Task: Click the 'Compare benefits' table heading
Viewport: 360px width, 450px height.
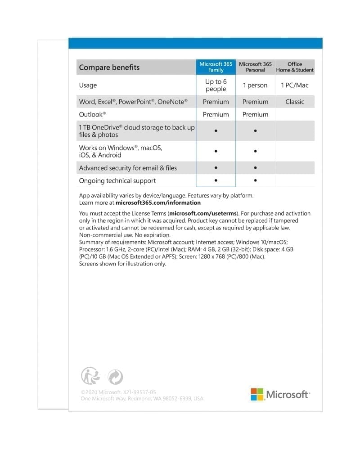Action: click(x=109, y=67)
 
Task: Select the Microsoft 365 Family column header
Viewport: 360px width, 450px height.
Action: click(x=216, y=67)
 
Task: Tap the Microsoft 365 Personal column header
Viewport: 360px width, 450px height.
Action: click(x=255, y=67)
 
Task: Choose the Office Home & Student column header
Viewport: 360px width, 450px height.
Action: click(x=295, y=67)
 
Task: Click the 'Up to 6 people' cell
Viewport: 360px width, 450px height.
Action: click(x=216, y=85)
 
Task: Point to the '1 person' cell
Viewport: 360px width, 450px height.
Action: click(x=255, y=85)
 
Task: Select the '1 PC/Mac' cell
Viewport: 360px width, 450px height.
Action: click(x=295, y=85)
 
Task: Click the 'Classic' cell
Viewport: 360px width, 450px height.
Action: click(x=295, y=102)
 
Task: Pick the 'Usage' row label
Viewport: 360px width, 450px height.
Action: click(x=88, y=85)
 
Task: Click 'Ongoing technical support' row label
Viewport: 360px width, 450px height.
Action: click(x=117, y=180)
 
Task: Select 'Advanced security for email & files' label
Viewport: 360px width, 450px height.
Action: click(x=128, y=168)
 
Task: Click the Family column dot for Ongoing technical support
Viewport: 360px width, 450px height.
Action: click(x=216, y=180)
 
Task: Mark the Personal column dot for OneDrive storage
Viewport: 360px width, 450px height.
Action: click(x=255, y=131)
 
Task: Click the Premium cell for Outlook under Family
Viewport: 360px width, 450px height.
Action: click(x=216, y=114)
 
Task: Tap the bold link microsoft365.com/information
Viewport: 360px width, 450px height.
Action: click(x=155, y=203)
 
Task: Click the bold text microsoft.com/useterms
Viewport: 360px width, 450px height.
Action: click(x=202, y=213)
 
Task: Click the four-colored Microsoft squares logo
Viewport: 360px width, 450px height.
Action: click(x=257, y=395)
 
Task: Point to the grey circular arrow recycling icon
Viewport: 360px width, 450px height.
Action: click(x=115, y=377)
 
